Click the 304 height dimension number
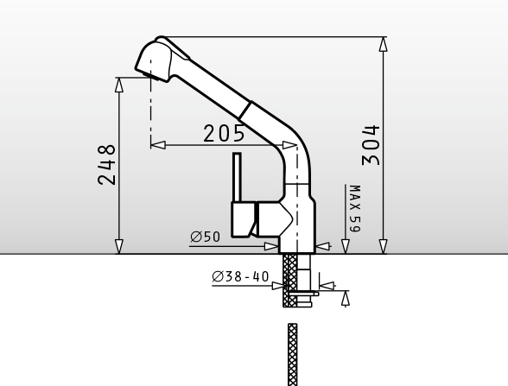[x=371, y=145]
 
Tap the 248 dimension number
[x=106, y=165]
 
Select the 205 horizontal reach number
[x=224, y=133]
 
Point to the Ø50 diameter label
[x=206, y=237]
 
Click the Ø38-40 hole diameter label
[x=240, y=276]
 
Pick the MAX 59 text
[x=355, y=209]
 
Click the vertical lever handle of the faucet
[x=237, y=178]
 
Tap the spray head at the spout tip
[x=153, y=60]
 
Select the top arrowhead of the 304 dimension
[x=384, y=44]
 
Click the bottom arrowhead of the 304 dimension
[x=384, y=247]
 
